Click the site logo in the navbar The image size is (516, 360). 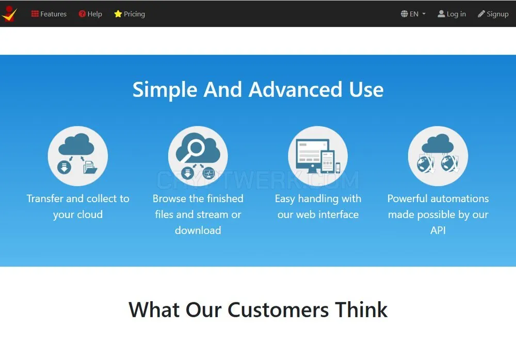[x=9, y=14]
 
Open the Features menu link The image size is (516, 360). [x=49, y=14]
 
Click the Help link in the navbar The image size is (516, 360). [x=90, y=14]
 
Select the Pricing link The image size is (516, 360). [x=130, y=14]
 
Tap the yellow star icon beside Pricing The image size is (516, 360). [x=118, y=14]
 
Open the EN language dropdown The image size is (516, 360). [x=413, y=14]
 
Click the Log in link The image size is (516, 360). [x=451, y=14]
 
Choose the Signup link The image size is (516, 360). [x=493, y=14]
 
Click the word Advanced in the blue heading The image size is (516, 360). [x=295, y=89]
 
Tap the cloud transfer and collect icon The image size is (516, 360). [x=78, y=156]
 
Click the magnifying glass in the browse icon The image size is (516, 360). [x=193, y=150]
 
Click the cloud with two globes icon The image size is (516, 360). [x=438, y=156]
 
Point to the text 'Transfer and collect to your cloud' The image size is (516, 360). [x=78, y=206]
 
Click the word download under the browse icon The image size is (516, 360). [x=198, y=230]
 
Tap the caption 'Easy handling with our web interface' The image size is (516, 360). [x=318, y=206]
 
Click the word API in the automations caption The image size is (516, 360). [x=438, y=230]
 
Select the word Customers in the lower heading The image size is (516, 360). [x=278, y=309]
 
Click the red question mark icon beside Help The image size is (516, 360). [x=82, y=14]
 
